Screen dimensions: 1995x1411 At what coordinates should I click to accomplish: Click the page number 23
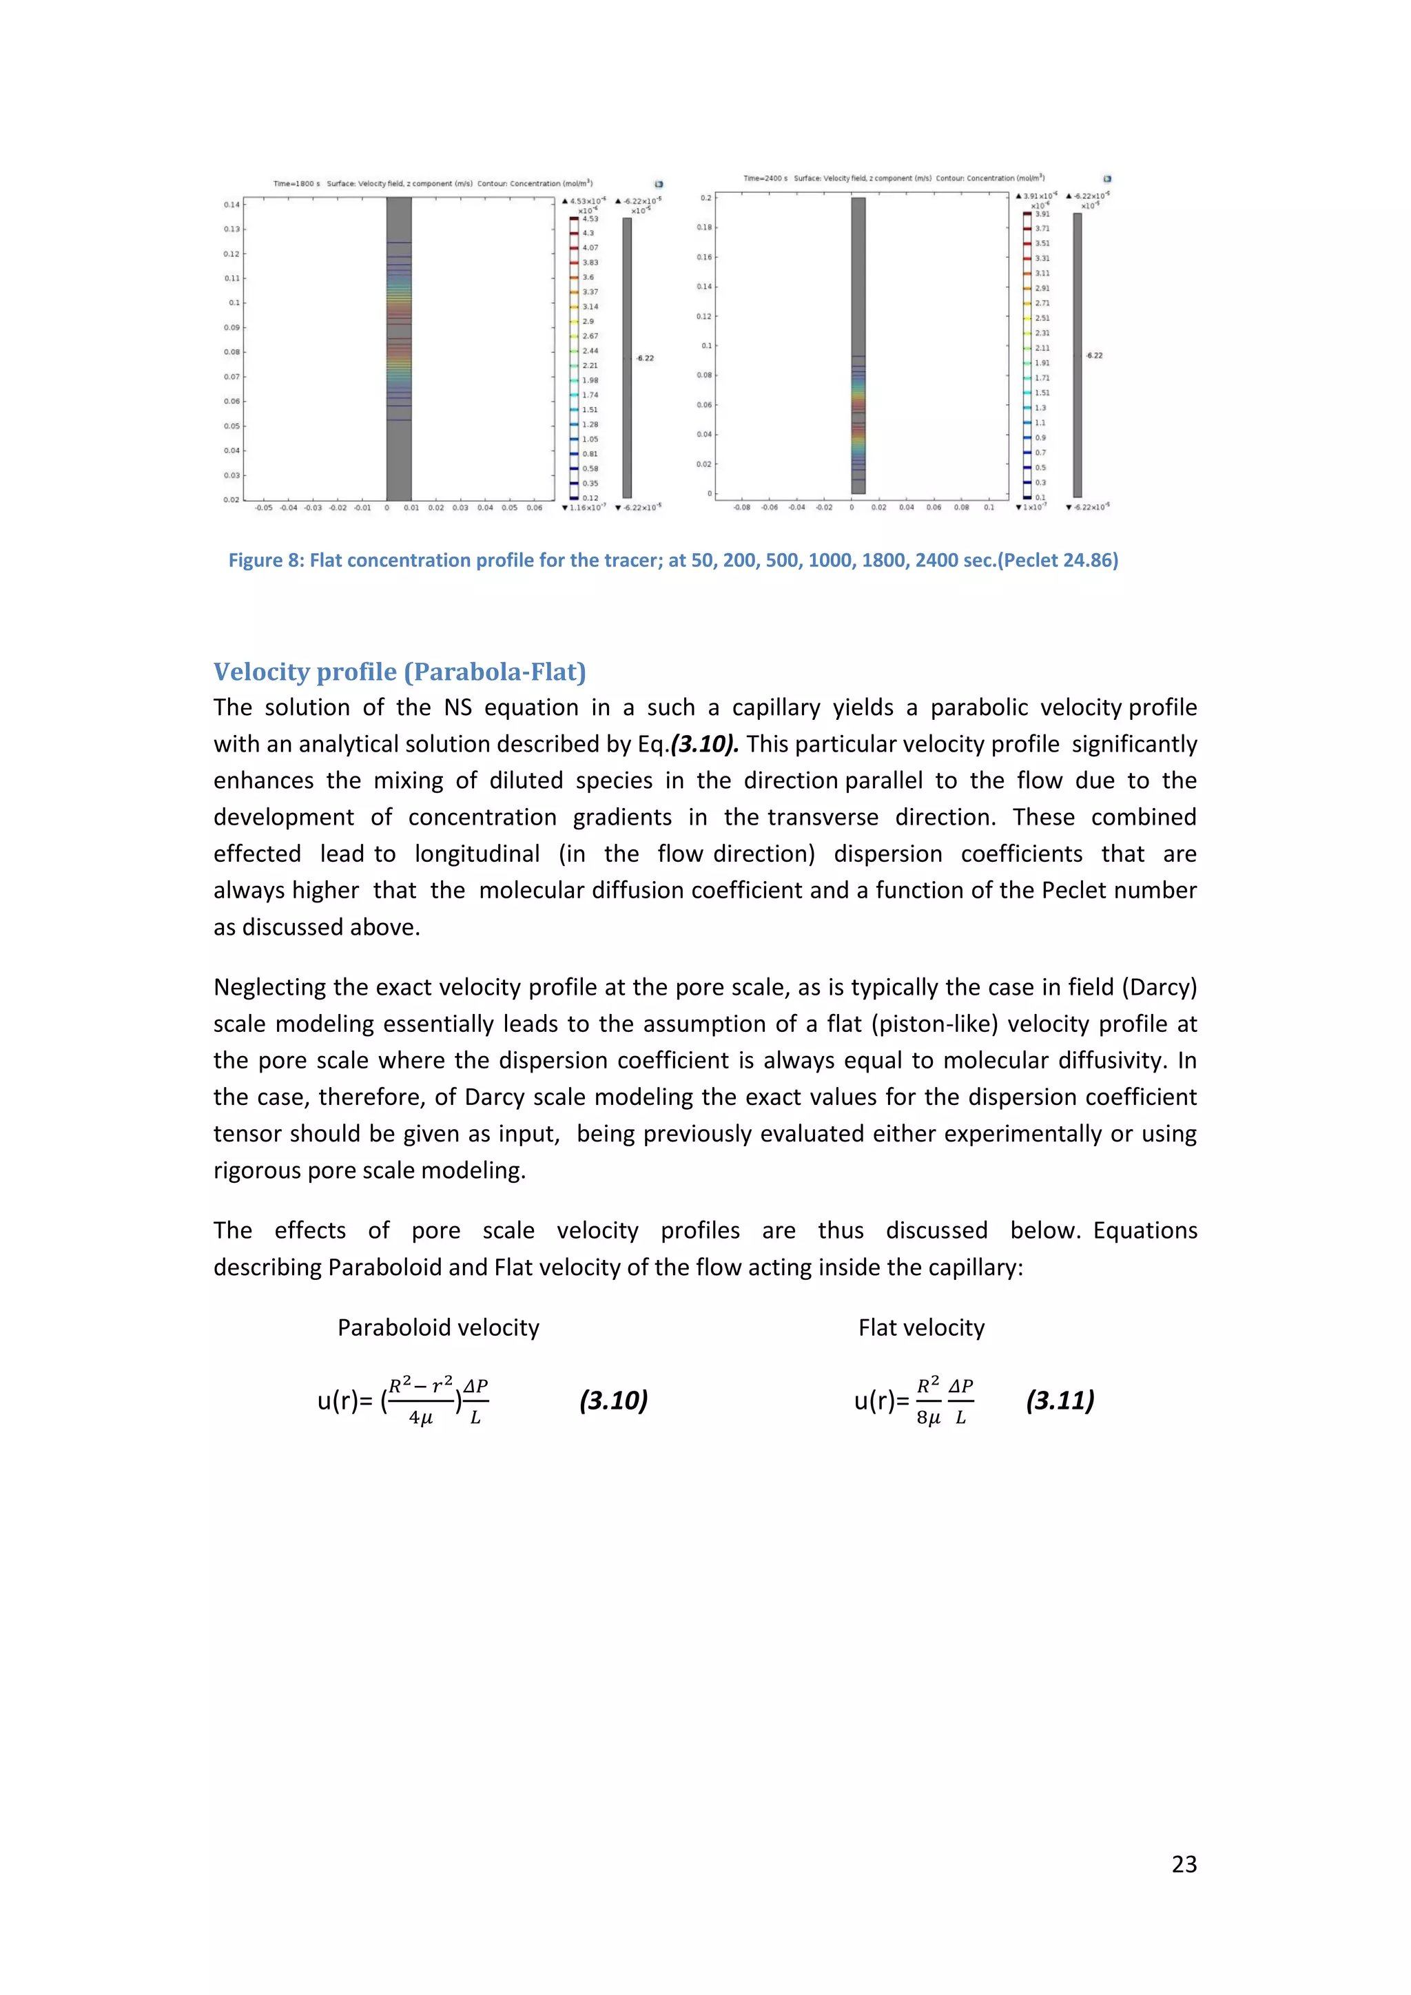point(1184,1864)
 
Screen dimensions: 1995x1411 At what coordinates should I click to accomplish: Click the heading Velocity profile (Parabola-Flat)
point(400,672)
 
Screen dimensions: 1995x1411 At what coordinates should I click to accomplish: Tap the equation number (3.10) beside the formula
point(613,1400)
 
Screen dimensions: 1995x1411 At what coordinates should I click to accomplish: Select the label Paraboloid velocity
point(438,1327)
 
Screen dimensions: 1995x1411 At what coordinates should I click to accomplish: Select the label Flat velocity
point(921,1327)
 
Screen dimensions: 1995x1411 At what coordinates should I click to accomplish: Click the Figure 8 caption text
point(672,561)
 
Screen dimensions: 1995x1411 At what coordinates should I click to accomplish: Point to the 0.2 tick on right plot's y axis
point(706,198)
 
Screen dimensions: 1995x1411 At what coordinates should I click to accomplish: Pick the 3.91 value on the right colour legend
point(1042,214)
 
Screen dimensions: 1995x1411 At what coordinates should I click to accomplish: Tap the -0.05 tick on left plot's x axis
point(263,508)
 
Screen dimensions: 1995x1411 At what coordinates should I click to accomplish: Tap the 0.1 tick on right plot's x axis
point(989,508)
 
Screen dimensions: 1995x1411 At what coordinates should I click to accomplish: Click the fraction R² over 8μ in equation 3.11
point(928,1400)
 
